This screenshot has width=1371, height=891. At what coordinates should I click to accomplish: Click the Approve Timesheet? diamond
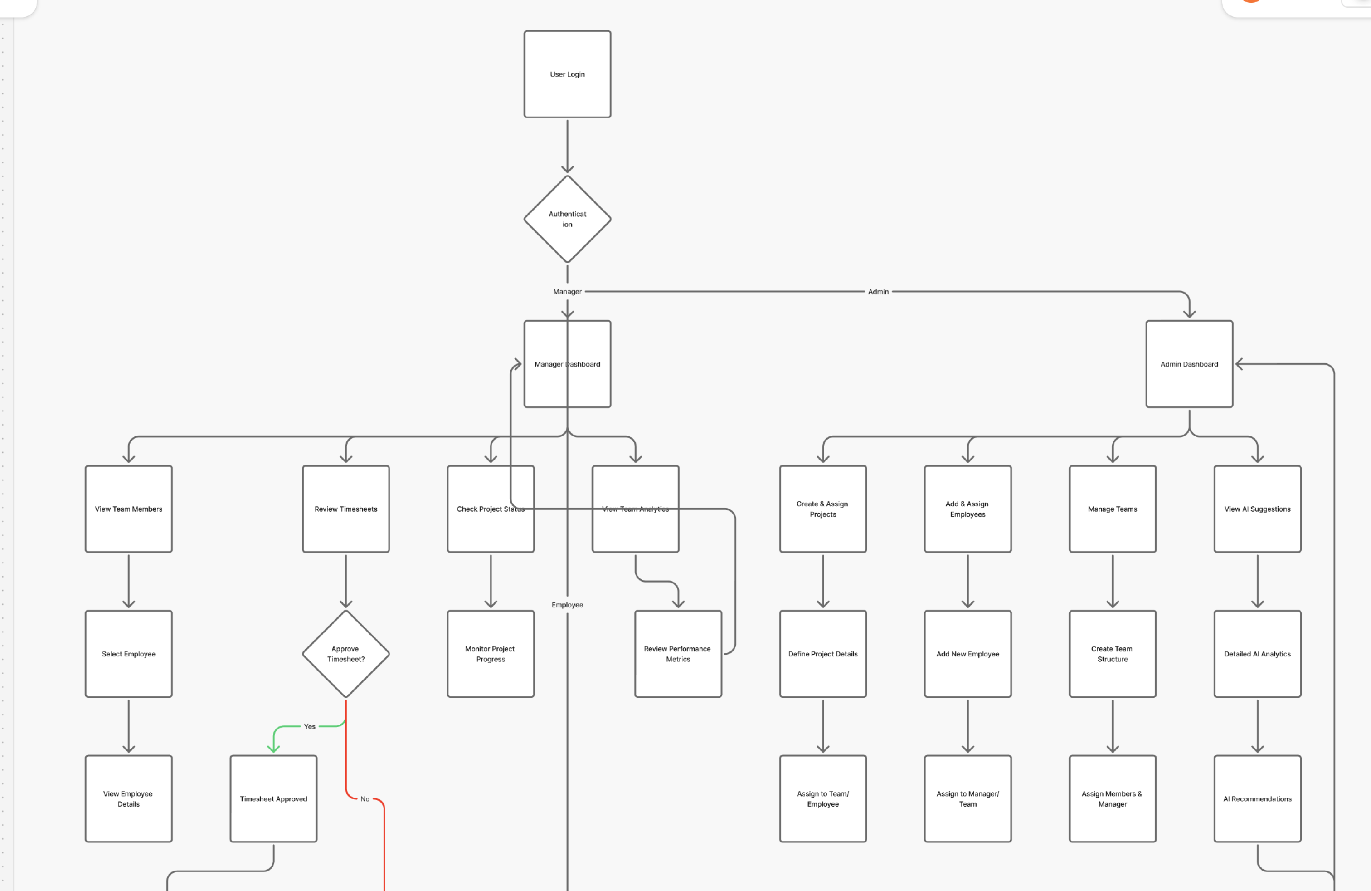(x=345, y=654)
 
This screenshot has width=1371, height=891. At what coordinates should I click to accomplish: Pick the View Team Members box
(x=128, y=509)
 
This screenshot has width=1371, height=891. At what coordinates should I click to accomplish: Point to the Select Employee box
(x=128, y=654)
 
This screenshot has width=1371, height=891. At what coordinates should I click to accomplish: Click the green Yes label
(x=309, y=726)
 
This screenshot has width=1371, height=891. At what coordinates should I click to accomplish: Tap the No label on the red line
(x=365, y=799)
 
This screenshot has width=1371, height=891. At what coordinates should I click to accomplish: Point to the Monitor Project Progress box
(x=490, y=654)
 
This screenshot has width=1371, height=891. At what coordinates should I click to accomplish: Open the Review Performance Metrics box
(x=678, y=654)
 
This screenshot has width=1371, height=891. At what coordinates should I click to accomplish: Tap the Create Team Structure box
(x=1113, y=654)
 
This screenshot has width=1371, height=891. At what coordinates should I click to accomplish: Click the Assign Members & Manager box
(x=1113, y=799)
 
